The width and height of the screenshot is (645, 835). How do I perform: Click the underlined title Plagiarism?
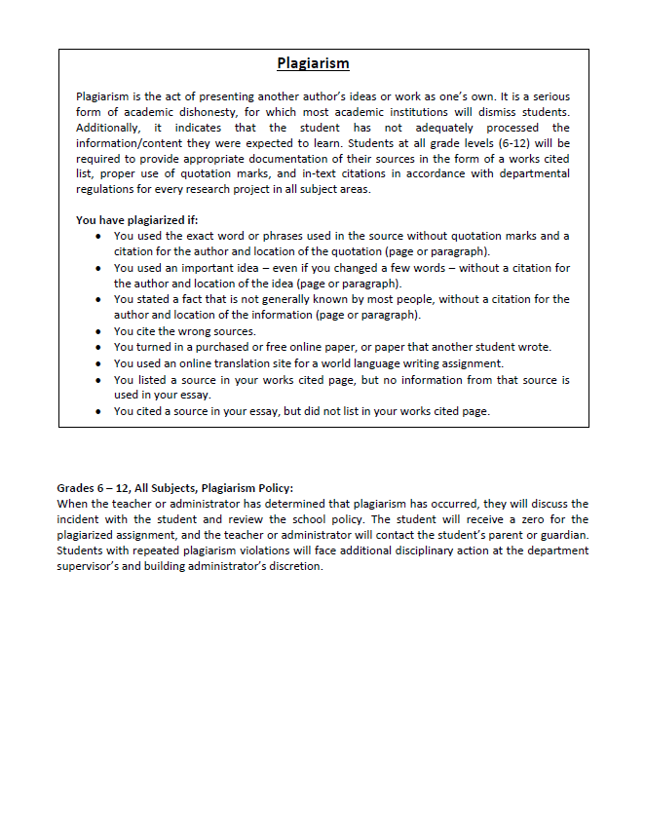(313, 64)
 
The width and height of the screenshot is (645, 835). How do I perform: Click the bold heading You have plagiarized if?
(136, 220)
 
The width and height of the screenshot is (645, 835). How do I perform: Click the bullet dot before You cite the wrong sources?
(101, 331)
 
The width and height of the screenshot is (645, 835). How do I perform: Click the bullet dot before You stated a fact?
(101, 300)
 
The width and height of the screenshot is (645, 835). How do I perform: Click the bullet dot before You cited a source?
(101, 411)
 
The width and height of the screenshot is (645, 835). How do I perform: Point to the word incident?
(82, 519)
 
